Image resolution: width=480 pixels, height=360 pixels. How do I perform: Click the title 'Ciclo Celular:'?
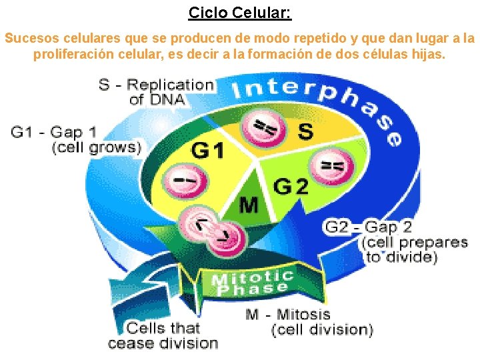pos(240,13)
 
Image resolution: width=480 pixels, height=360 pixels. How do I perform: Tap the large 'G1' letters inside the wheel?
pos(209,151)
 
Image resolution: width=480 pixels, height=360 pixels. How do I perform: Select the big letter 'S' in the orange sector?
pos(305,131)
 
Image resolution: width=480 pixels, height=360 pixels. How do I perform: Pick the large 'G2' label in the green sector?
pos(291,187)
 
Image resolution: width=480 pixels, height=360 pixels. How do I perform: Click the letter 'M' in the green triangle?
pos(249,205)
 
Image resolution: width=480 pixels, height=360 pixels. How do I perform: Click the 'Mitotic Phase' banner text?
pos(252,283)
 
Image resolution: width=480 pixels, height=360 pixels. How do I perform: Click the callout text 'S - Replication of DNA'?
pos(157,92)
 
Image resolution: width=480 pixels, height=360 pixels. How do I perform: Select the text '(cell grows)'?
pos(97,148)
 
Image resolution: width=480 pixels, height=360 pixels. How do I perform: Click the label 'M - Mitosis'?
pos(287,314)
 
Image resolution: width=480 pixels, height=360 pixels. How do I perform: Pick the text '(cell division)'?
pos(321,329)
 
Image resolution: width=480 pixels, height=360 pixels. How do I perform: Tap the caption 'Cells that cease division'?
pos(163,335)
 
